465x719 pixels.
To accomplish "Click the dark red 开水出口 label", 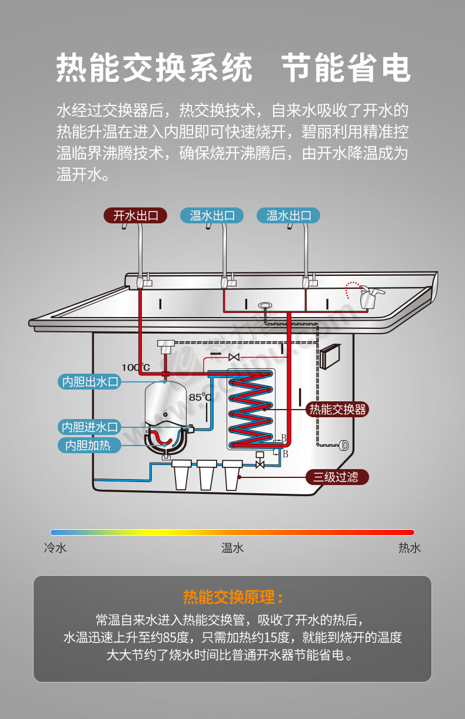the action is coord(135,215).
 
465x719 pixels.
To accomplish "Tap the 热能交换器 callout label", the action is coord(337,410).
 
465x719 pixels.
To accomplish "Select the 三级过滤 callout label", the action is coord(337,477).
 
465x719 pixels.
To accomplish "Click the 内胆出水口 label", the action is coord(89,382).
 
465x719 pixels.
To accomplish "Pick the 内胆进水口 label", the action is coord(89,427).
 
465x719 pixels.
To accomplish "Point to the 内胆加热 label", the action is coord(89,445).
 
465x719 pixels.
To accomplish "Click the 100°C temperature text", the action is coord(135,367).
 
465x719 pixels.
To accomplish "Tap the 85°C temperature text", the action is coord(200,397).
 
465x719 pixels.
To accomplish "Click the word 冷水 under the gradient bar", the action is coord(55,548).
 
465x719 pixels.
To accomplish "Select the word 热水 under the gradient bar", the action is coord(410,548).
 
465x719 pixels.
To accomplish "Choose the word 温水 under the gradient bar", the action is coord(232,548).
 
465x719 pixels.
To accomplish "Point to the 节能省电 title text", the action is coord(346,68).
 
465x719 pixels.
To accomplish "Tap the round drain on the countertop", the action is coord(265,305).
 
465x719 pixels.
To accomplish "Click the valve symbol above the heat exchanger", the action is coord(234,357).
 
